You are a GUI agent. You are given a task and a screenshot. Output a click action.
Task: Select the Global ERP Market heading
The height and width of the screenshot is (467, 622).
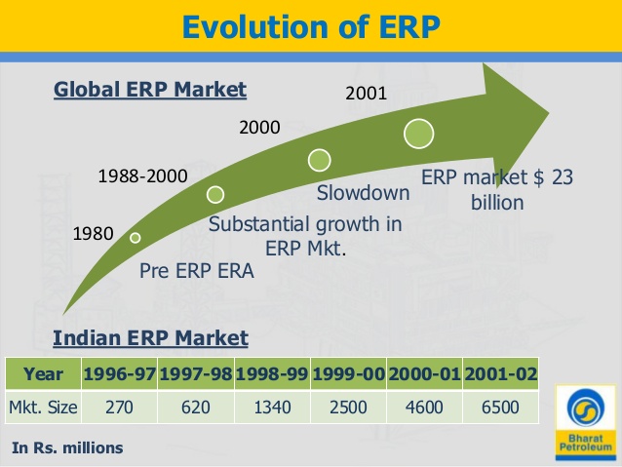point(150,91)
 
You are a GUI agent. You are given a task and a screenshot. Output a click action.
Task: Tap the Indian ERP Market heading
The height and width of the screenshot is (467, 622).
point(150,338)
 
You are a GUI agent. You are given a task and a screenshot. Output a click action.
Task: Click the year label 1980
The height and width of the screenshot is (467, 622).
point(94,234)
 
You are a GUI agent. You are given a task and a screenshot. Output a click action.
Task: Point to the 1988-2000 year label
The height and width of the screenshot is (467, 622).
point(143,177)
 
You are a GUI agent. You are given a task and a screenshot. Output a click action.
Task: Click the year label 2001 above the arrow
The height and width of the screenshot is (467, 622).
point(367,95)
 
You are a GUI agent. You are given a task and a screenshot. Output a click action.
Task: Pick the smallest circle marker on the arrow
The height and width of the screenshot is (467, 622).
point(136,237)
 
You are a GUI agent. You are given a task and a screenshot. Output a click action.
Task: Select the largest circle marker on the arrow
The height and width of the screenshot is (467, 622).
point(419,132)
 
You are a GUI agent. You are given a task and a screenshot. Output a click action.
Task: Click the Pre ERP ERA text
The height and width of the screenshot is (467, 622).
point(197,271)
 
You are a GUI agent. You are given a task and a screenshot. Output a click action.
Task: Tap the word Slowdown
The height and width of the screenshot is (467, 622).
point(364,193)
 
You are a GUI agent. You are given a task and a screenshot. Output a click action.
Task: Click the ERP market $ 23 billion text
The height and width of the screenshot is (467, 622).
point(496,190)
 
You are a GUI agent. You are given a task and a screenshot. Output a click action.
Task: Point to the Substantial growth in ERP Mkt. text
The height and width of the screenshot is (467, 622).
point(306,236)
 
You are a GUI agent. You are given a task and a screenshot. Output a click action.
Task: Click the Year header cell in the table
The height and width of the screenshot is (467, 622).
point(43,373)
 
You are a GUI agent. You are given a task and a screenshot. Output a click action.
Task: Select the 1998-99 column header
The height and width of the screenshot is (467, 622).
point(272,373)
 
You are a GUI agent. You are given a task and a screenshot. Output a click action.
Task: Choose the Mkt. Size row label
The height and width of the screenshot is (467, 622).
point(43,407)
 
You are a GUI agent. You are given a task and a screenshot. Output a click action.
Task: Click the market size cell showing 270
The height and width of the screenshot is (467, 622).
point(119,407)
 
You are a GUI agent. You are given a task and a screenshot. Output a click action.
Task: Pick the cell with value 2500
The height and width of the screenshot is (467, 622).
point(348,407)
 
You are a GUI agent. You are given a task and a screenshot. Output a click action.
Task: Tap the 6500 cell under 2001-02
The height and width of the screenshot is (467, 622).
point(500,407)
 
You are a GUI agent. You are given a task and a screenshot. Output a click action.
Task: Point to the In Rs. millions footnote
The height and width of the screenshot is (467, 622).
point(68,448)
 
